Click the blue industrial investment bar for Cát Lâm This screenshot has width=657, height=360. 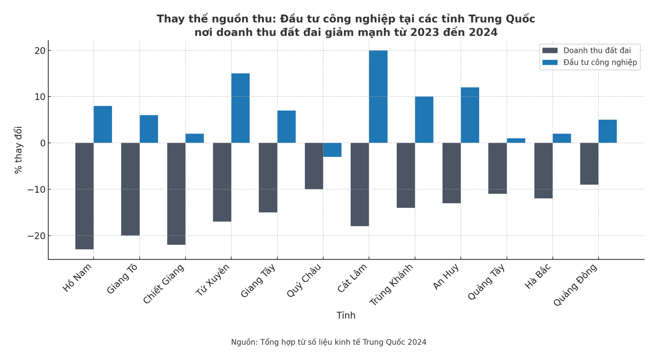point(378,97)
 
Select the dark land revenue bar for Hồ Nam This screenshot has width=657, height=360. point(84,196)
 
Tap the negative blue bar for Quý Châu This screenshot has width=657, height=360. point(332,150)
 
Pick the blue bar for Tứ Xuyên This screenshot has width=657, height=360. point(240,108)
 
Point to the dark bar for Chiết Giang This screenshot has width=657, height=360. point(176,193)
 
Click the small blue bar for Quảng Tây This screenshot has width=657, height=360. point(516,141)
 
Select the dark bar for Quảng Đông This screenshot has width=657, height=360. point(589,164)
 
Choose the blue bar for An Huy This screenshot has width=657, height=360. point(470,115)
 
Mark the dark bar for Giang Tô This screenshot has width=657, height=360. point(130,189)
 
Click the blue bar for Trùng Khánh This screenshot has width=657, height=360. point(424,119)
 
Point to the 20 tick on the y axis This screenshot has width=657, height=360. point(40,50)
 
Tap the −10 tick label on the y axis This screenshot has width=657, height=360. point(36,189)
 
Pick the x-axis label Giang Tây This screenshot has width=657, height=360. point(258,281)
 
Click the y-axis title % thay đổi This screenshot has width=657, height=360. point(18,150)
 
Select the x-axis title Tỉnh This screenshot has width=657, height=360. point(346,315)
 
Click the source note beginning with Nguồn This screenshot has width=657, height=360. point(328,342)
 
